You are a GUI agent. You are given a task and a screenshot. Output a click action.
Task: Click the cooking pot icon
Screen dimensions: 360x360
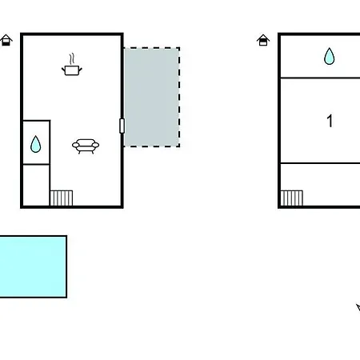pos(72,70)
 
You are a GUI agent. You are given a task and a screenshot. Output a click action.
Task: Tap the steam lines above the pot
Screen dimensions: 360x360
pos(71,59)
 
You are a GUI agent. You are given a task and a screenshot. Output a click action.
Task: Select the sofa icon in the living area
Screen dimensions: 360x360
pos(86,146)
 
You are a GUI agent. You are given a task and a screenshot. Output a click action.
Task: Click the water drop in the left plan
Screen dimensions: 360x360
pos(35,144)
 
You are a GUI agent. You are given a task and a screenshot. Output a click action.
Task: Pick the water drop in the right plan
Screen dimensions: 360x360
pos(329,56)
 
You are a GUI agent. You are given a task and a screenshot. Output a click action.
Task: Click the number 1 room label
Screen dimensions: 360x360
pos(330,121)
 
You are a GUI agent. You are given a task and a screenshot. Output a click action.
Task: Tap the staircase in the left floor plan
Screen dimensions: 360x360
pos(62,198)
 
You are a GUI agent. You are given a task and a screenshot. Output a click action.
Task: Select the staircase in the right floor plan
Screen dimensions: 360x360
pos(292,198)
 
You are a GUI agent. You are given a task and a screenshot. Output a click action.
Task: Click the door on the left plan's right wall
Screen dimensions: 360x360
pos(122,126)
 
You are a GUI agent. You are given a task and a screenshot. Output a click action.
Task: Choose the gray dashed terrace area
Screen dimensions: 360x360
pos(151,97)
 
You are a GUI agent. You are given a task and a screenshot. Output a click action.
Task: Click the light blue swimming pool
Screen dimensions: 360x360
pos(33,266)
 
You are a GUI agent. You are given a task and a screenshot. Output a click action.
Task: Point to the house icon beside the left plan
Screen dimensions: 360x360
pos(6,40)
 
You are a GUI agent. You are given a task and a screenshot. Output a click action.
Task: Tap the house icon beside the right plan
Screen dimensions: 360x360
pos(263,40)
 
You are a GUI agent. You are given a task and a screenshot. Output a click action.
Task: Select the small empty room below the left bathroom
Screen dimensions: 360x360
pos(36,185)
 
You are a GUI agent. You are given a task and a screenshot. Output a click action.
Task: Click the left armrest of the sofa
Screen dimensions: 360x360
pos(76,145)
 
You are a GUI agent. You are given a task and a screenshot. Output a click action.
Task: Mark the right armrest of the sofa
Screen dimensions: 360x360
pos(95,145)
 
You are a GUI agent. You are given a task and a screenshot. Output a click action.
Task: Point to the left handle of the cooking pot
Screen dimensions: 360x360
pos(63,70)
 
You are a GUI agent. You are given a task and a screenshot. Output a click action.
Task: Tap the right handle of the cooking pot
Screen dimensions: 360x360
pos(80,70)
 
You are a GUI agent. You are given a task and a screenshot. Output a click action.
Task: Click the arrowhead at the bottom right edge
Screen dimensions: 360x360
pos(358,307)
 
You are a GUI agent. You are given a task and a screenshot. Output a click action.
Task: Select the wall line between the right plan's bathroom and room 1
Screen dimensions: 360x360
pos(320,78)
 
